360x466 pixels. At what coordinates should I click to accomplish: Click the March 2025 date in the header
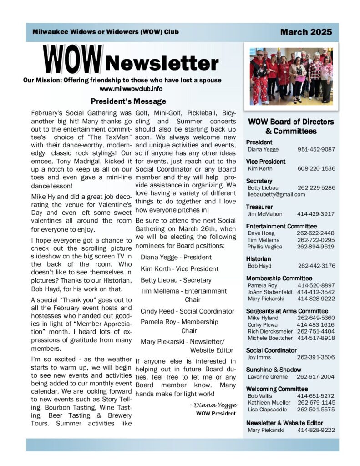(306, 32)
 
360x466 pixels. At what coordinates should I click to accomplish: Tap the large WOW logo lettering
(73, 61)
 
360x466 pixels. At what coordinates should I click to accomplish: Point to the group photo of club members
(291, 76)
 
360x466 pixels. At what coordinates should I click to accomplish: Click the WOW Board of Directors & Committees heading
(291, 127)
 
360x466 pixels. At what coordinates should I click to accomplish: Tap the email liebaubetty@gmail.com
(276, 194)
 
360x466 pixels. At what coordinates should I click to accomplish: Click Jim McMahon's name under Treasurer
(265, 213)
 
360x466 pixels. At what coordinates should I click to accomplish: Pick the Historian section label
(259, 258)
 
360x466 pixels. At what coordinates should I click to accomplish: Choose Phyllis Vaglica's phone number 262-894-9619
(315, 247)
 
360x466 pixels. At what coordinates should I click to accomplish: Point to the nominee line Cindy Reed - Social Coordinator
(187, 311)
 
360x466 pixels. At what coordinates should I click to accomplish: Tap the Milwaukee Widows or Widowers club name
(106, 32)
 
